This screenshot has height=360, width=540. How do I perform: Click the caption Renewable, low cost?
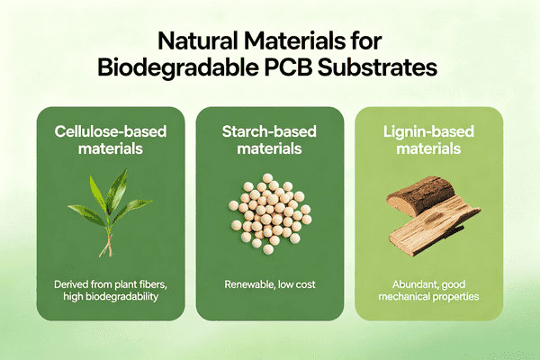click(x=269, y=285)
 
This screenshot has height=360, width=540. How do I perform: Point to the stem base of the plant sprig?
click(x=106, y=251)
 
